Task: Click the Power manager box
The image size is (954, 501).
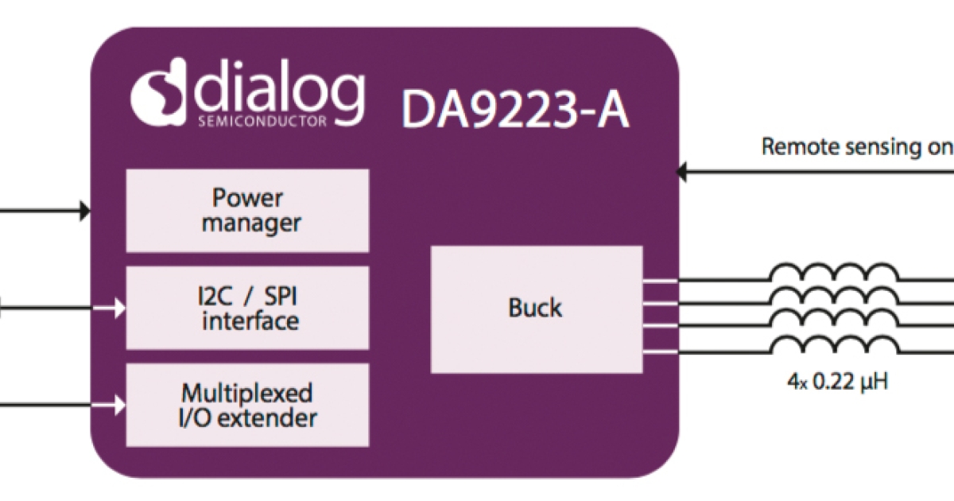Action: pos(247,211)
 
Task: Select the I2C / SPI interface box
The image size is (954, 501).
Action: pos(247,308)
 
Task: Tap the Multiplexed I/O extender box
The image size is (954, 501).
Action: pos(247,405)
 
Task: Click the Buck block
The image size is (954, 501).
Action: pos(536,309)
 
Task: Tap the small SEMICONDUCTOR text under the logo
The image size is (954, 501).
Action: pos(262,122)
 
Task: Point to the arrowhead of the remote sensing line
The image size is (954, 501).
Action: pos(681,171)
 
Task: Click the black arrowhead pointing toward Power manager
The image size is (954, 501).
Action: pos(84,211)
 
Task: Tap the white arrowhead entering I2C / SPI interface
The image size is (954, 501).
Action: pos(119,308)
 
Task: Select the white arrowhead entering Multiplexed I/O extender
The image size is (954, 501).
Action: pos(119,405)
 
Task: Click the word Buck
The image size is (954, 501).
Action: pos(535,309)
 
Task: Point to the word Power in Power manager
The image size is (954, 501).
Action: pos(247,197)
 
